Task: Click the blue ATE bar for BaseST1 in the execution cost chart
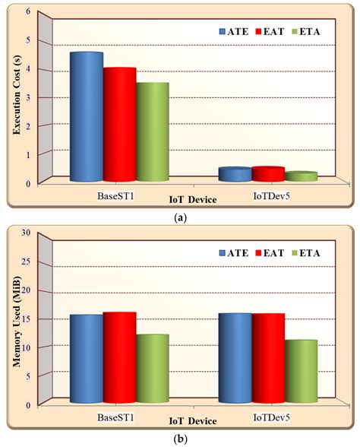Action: pyautogui.click(x=86, y=118)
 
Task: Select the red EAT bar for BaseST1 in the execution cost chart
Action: pyautogui.click(x=120, y=125)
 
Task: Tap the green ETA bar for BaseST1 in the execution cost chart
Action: pyautogui.click(x=153, y=133)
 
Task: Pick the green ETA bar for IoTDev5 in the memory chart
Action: pyautogui.click(x=302, y=372)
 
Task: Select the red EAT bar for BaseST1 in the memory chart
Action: pyautogui.click(x=120, y=358)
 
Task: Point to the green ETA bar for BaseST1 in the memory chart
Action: pyautogui.click(x=153, y=369)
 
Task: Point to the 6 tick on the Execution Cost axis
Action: pyautogui.click(x=29, y=11)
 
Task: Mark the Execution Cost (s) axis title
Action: pyautogui.click(x=14, y=97)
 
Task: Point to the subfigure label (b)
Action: pyautogui.click(x=179, y=439)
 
